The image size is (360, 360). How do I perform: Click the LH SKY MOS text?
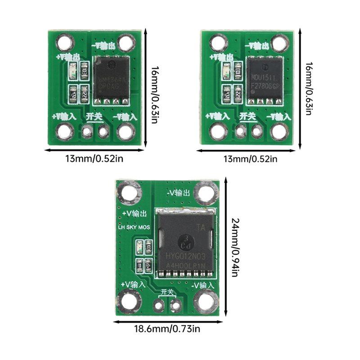133,228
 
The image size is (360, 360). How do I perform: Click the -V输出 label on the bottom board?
178,192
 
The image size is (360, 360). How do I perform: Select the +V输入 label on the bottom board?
133,285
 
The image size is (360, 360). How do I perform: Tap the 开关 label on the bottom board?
167,292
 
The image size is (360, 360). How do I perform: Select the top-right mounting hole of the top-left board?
126,44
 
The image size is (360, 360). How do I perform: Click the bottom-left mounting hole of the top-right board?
218,132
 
